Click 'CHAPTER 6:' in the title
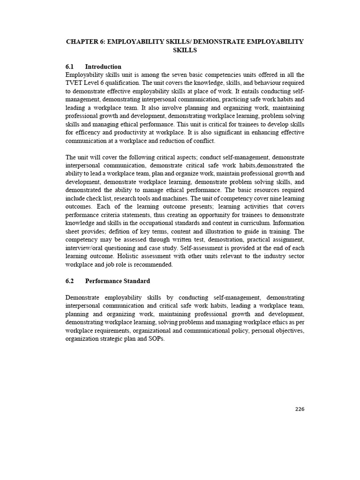click(x=86, y=42)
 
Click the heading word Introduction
click(x=103, y=67)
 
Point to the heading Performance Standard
click(x=117, y=281)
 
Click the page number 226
click(x=300, y=409)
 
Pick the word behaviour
click(x=264, y=83)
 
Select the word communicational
click(x=223, y=330)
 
